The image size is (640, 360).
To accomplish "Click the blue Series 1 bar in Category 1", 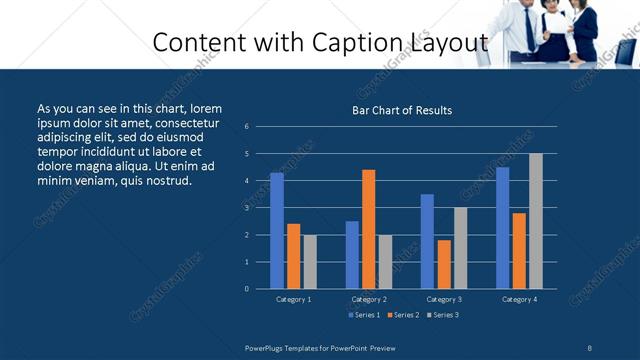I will pos(277,231).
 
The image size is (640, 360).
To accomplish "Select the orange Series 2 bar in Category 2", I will pos(369,229).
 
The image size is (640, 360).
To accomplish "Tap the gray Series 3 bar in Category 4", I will pos(536,221).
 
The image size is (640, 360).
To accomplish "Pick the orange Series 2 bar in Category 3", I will pos(444,264).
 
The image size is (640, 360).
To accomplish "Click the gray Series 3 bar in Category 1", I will pos(310,262).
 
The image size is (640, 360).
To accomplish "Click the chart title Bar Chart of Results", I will pos(402,110).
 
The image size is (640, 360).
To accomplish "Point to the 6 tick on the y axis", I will pos(247,127).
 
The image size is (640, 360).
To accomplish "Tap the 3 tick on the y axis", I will pos(247,208).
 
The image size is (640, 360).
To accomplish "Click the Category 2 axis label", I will pos(369,299).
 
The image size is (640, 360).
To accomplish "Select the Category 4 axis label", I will pos(519,299).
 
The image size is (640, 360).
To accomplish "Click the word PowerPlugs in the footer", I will pos(266,346).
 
